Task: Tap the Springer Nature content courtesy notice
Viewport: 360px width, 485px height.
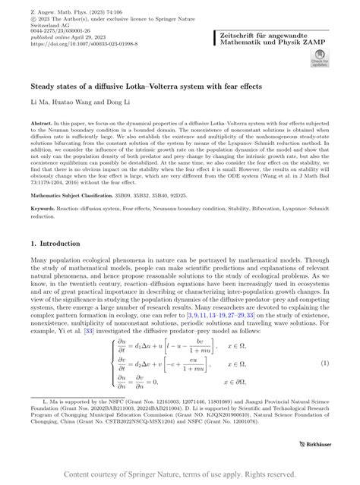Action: point(180,474)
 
